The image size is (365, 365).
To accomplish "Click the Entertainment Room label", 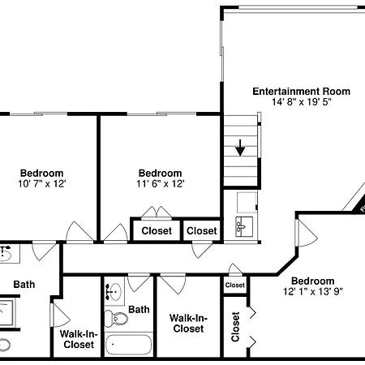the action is (301, 92).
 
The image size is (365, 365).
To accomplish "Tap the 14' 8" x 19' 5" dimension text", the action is (302, 102).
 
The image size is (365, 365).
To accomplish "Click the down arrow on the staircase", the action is (240, 148).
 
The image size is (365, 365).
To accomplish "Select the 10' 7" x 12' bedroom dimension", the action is (42, 184).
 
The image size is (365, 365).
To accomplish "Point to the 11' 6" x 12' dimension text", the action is (161, 184).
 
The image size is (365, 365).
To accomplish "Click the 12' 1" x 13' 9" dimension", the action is (313, 292).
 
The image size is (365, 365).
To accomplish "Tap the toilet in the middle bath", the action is (116, 319).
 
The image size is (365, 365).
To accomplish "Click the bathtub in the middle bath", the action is (128, 345).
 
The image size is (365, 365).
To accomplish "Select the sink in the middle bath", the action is (114, 292).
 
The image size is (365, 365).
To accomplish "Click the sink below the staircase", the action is (244, 226).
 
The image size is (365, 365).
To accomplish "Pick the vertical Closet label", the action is (235, 327).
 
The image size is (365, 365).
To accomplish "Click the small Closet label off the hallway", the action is (235, 285).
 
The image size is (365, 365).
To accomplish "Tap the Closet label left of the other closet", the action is (157, 230).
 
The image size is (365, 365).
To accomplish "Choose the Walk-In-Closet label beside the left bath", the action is (79, 339).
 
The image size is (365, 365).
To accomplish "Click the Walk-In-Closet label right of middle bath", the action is (188, 323).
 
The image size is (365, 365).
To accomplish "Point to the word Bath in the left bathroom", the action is (24, 285).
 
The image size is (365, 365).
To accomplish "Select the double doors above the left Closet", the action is (157, 212).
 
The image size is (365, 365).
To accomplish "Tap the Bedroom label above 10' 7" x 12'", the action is (42, 173).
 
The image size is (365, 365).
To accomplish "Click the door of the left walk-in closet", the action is (61, 316).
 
